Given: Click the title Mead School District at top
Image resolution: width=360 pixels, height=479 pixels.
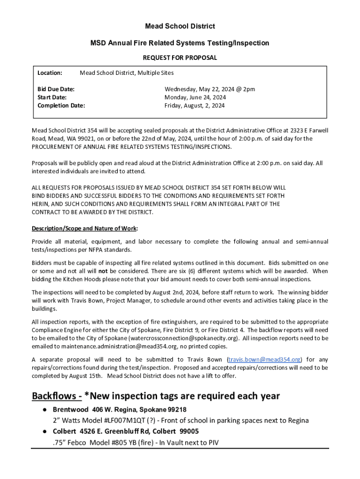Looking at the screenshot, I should (x=180, y=27).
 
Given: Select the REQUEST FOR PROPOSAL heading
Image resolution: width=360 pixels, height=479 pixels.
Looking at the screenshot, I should (x=180, y=58).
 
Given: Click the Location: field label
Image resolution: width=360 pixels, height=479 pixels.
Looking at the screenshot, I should (x=50, y=73).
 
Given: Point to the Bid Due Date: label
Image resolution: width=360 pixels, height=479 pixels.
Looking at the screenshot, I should (x=56, y=89).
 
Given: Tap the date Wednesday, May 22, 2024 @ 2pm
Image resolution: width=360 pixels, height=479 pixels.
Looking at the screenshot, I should (x=209, y=89).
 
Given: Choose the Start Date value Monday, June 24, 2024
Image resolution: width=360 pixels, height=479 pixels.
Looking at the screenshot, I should (x=195, y=97).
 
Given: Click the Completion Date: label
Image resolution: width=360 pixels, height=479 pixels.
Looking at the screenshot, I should (x=61, y=106).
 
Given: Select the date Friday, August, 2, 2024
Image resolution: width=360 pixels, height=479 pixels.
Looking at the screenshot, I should (x=194, y=106).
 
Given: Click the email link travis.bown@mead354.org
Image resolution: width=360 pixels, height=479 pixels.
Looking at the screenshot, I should (x=264, y=359).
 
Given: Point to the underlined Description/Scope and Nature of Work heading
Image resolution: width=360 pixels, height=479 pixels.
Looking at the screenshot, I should (x=85, y=229).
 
